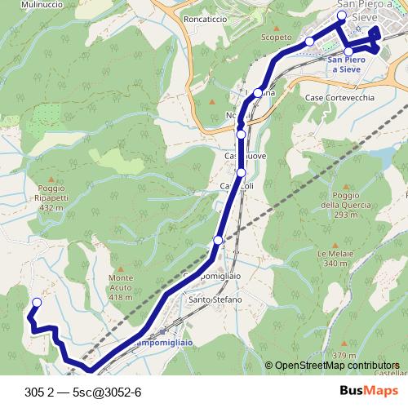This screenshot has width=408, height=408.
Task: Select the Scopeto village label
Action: [x=275, y=37]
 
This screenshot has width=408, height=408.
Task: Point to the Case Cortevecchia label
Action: [x=339, y=97]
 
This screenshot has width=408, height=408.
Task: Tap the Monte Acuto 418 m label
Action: [x=120, y=287]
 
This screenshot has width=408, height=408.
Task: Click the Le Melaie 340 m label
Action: [x=335, y=258]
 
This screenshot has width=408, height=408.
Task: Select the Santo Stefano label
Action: [x=215, y=299]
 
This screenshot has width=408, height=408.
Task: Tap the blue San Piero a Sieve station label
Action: [x=346, y=65]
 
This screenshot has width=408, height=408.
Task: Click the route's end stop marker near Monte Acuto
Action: [x=35, y=304]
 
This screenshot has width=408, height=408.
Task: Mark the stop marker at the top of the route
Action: [x=342, y=16]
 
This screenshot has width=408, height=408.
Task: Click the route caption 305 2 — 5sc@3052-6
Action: [x=83, y=391]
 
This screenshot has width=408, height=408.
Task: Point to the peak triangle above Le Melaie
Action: [x=333, y=243]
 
